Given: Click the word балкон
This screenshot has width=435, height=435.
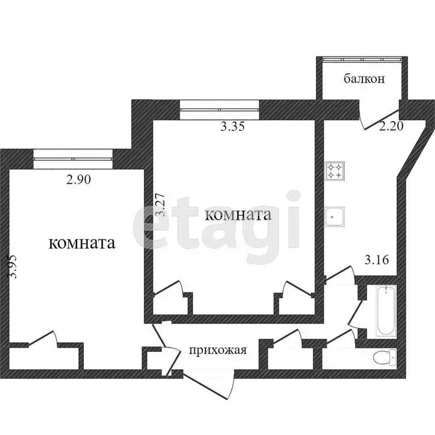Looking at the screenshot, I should (364, 79).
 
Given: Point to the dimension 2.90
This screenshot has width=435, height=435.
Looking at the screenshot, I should (79, 180).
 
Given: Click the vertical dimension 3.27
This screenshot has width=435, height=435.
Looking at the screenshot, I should (161, 207).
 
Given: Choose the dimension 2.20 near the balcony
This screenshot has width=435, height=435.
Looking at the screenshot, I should (391, 127).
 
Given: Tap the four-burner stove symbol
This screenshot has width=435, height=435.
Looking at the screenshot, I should (334, 170).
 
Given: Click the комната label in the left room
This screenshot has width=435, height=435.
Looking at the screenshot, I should (83, 244).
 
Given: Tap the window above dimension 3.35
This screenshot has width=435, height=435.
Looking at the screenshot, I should (220, 109).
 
